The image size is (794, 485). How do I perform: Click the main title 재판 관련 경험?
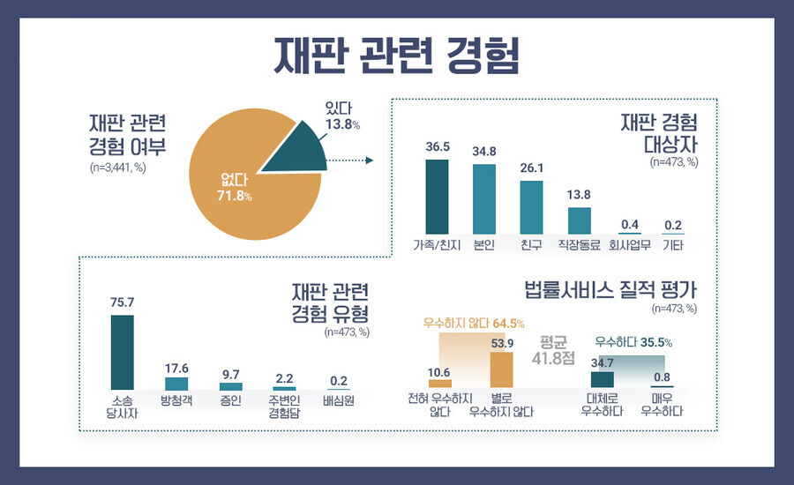tap(396, 55)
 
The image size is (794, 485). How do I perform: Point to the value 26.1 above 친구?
tap(531, 168)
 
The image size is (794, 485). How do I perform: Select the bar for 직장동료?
tap(579, 220)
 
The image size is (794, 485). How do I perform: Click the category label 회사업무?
tap(629, 244)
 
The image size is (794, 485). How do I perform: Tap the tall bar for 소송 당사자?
tap(122, 352)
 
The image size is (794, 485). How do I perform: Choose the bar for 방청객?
tap(176, 384)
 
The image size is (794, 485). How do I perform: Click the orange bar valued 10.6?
tap(439, 384)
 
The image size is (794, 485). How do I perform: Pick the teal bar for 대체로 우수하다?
tap(602, 379)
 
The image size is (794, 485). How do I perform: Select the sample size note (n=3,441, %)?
tap(122, 166)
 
